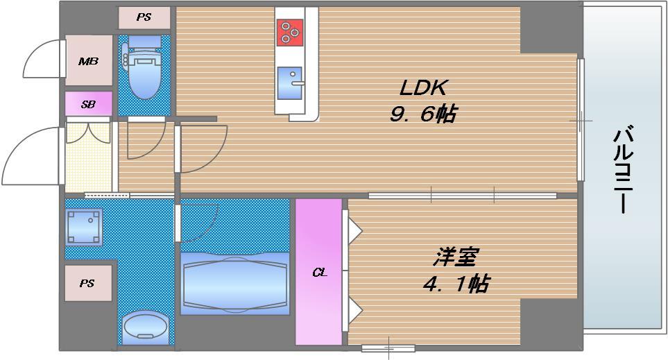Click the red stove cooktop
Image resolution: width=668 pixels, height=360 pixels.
pos(289,32)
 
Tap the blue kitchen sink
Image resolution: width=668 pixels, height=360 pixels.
pos(289,83)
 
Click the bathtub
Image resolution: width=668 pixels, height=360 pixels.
pos(234,283)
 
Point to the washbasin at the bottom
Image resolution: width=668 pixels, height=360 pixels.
pos(145,326)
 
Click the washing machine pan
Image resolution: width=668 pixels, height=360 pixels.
pos(84,226)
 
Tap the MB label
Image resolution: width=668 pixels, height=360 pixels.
pos(88,61)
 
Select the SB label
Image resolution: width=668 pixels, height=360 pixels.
pos(88,105)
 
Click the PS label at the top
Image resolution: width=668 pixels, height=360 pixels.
pos(144,17)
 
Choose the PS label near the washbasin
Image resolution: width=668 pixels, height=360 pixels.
pos(87,283)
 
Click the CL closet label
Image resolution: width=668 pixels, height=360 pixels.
pos(319,273)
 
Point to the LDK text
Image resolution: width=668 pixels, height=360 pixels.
pos(424,88)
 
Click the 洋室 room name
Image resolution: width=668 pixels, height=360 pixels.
pos(455,257)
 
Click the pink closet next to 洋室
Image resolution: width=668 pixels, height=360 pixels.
pos(319,305)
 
